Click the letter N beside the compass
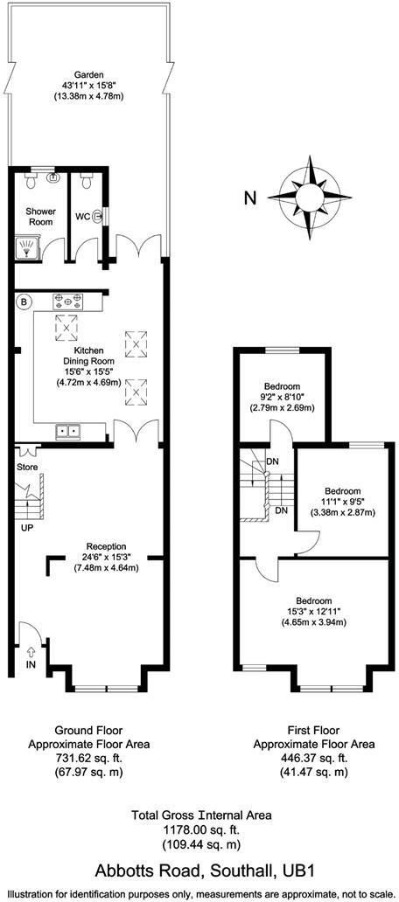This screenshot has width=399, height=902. pyautogui.click(x=250, y=198)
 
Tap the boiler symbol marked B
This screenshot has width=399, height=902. pyautogui.click(x=24, y=302)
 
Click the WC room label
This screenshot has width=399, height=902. pyautogui.click(x=82, y=216)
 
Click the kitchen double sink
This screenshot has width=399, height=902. pyautogui.click(x=68, y=430)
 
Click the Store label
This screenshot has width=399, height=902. pyautogui.click(x=27, y=468)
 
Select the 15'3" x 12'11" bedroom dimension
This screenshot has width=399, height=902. pyautogui.click(x=313, y=612)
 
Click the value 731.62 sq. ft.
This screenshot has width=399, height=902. pyautogui.click(x=89, y=760)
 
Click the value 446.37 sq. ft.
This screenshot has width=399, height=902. pyautogui.click(x=313, y=760)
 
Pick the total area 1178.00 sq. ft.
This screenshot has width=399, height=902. pyautogui.click(x=201, y=830)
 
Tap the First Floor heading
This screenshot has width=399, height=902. pyautogui.click(x=313, y=730)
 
